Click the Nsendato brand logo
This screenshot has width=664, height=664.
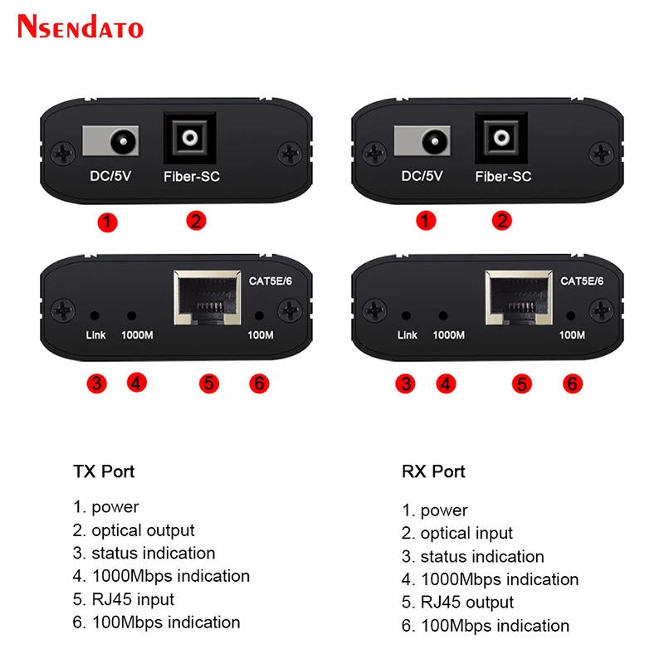click(81, 27)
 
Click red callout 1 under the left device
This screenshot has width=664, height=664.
click(107, 222)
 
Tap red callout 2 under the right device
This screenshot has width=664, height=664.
click(502, 222)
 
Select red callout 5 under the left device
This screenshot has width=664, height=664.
click(208, 383)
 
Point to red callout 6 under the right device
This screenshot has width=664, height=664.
click(571, 383)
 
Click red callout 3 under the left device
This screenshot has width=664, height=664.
click(97, 383)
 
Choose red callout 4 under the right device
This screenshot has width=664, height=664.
click(447, 383)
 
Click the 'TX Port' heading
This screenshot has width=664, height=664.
click(104, 471)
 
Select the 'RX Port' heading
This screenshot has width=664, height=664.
click(433, 471)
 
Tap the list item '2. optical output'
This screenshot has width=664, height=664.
click(134, 530)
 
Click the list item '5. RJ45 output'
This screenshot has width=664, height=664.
click(458, 602)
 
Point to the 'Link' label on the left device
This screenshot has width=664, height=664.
click(96, 335)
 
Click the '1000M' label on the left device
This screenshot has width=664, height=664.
click(137, 335)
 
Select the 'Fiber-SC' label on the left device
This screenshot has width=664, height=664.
click(191, 177)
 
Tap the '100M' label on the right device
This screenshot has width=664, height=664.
click(571, 335)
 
